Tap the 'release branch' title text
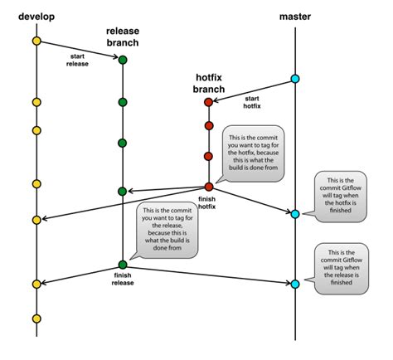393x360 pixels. pos(123,37)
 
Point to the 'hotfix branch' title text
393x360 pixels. pos(209,80)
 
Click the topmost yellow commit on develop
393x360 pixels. pos(36,40)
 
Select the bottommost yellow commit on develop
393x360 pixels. pos(36,319)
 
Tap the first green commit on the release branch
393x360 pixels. pos(123,60)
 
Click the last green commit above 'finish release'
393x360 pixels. pos(123,265)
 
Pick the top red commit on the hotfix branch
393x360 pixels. pos(209,102)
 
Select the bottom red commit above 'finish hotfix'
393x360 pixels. pos(209,187)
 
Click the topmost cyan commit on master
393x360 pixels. pos(294,80)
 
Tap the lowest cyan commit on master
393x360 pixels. pos(294,285)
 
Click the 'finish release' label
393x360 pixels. pos(123,280)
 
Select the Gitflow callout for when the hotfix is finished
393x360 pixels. pos(342,196)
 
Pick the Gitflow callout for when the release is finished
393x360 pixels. pos(342,268)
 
